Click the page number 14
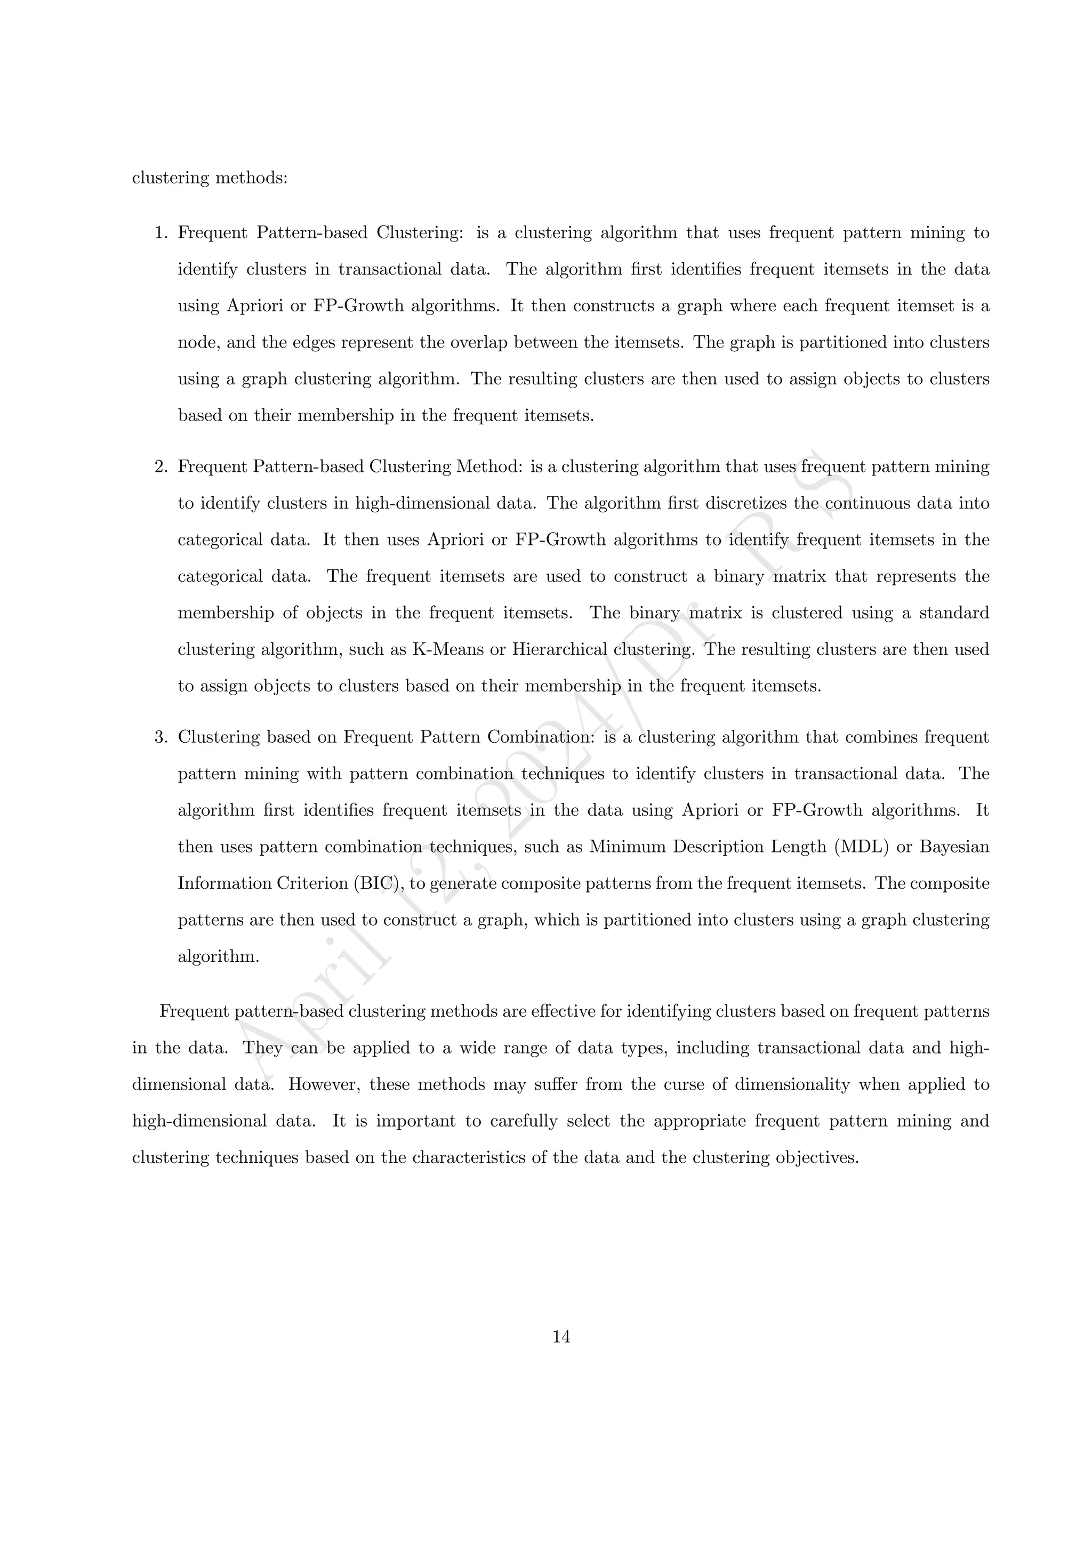point(561,1338)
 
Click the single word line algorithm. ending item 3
point(218,957)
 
